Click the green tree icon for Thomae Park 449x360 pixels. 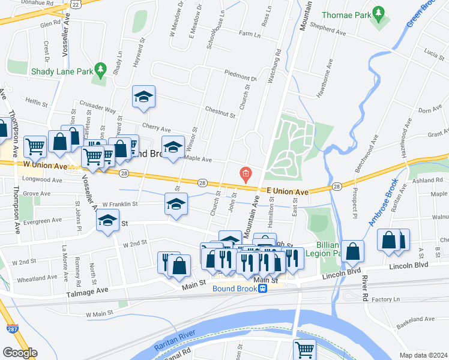click(x=378, y=13)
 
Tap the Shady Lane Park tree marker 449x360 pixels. click(x=101, y=70)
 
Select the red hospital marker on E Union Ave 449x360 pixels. click(x=245, y=175)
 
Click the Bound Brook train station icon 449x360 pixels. click(x=262, y=289)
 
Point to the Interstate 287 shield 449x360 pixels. click(x=13, y=329)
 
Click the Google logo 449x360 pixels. click(x=20, y=353)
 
